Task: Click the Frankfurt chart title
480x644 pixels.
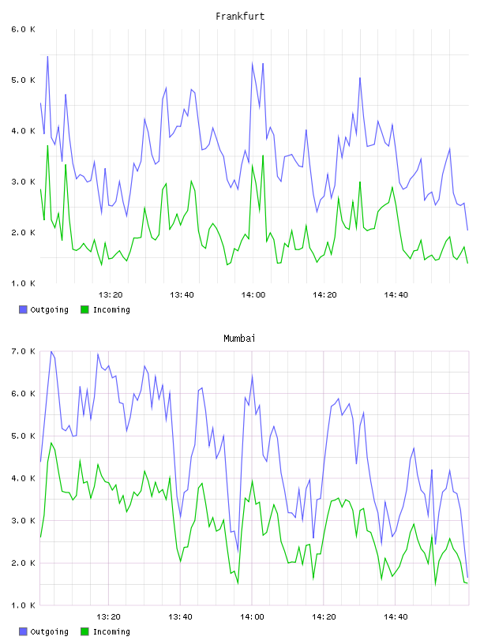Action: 240,17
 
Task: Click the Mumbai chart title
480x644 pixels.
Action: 239,339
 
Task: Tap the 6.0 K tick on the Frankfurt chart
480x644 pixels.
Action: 23,29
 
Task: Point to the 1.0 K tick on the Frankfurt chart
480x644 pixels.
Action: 23,283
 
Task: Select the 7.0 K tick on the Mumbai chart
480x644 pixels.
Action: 23,351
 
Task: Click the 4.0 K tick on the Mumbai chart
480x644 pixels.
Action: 23,478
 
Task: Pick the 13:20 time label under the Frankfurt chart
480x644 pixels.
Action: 111,295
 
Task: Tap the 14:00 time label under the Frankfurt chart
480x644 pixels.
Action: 253,295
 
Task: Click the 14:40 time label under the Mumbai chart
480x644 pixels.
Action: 396,617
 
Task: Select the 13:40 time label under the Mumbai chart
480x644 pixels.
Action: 180,617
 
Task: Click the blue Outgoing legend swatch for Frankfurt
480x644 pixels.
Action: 23,309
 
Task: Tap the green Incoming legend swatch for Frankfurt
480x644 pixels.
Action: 84,309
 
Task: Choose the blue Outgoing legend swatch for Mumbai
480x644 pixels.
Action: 23,631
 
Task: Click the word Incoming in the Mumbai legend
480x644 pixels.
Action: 111,631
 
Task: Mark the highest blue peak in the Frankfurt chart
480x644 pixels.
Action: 47,56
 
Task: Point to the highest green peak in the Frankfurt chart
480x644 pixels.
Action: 47,145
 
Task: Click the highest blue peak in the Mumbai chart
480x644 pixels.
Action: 51,351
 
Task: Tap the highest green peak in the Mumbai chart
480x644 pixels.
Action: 51,443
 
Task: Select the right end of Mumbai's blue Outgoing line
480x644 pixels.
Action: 467,577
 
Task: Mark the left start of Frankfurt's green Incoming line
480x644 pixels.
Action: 40,189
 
